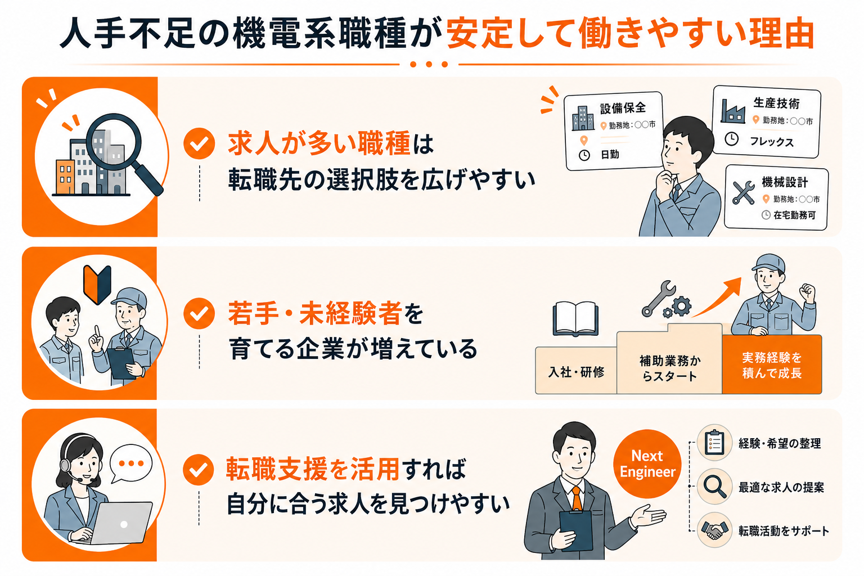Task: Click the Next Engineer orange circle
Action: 647,463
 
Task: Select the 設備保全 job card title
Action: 623,108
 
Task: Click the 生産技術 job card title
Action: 776,103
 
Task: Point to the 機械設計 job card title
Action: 785,182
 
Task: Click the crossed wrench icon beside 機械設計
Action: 743,192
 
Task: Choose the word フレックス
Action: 771,142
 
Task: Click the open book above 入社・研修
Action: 575,319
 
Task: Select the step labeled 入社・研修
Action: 576,370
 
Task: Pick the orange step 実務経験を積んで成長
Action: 772,364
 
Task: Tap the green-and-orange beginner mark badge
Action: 97,284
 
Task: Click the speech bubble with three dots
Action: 130,463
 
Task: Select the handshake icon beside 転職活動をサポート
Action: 714,530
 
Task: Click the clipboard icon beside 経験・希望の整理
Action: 714,443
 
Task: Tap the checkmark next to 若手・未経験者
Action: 199,314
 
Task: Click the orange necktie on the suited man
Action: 577,498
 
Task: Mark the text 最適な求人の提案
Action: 781,487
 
